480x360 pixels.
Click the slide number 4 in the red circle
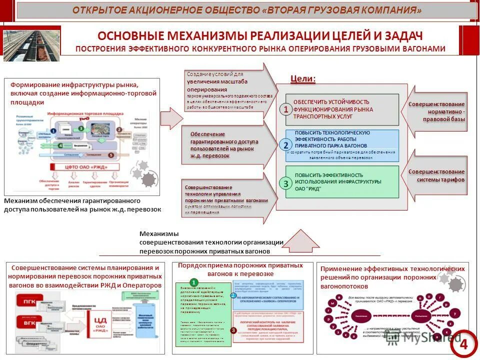point(463,344)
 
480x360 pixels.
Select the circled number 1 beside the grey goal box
point(285,109)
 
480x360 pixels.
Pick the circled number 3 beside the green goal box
point(285,183)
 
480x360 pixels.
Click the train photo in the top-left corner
point(31,45)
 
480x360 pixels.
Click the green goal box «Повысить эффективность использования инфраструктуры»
point(342,182)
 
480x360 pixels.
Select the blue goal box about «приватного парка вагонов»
point(342,145)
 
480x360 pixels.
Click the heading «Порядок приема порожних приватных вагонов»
point(241,269)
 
